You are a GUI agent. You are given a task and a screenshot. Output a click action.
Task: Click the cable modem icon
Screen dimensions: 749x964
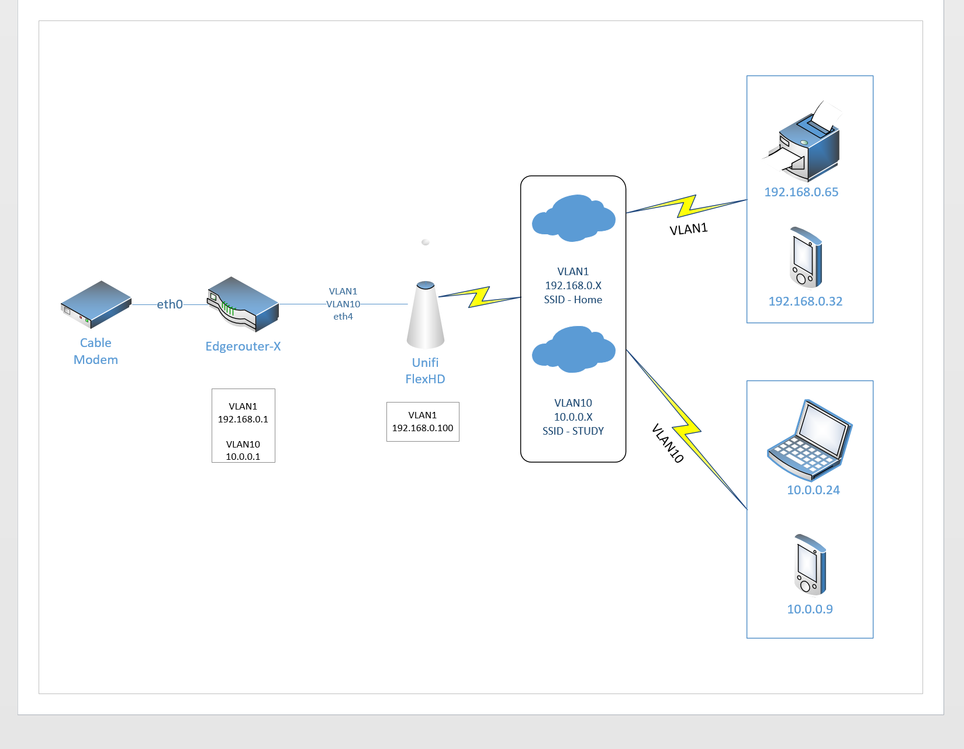(96, 304)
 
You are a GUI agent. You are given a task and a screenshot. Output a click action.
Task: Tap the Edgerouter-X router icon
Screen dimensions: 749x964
(243, 304)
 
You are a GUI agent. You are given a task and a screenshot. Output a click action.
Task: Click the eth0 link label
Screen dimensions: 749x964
(170, 304)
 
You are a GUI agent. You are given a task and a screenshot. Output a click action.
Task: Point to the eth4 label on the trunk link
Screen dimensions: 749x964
(343, 317)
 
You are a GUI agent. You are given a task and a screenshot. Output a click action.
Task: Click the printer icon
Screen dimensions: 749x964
(805, 143)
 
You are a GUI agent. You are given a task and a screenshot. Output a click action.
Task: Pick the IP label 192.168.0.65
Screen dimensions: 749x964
(801, 192)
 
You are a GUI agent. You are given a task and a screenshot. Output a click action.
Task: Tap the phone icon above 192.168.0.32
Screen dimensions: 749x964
(806, 257)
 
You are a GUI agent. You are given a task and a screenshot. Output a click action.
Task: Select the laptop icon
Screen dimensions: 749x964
(810, 439)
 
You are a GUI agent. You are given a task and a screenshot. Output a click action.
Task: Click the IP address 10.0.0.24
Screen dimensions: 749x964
(813, 490)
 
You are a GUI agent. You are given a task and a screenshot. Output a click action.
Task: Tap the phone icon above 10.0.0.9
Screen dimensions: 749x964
(810, 564)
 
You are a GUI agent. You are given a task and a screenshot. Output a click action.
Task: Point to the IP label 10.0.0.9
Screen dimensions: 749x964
(810, 609)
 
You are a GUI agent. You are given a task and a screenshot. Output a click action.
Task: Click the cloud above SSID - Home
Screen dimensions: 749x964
(573, 218)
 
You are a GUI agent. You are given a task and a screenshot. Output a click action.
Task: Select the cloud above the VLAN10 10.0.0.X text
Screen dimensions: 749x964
(573, 349)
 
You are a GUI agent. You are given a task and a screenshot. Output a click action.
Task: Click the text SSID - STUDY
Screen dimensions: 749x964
(573, 431)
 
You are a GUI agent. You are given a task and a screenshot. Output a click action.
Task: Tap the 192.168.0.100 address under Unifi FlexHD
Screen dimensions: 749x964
(423, 428)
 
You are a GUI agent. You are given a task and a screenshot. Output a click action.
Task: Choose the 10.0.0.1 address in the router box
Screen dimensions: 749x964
(243, 456)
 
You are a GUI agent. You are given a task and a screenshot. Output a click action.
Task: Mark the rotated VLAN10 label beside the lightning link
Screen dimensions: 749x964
(668, 443)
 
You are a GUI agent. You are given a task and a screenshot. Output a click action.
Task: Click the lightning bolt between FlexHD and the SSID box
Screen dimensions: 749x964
(480, 296)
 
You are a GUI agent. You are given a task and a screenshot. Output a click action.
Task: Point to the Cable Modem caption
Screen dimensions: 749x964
(96, 351)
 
